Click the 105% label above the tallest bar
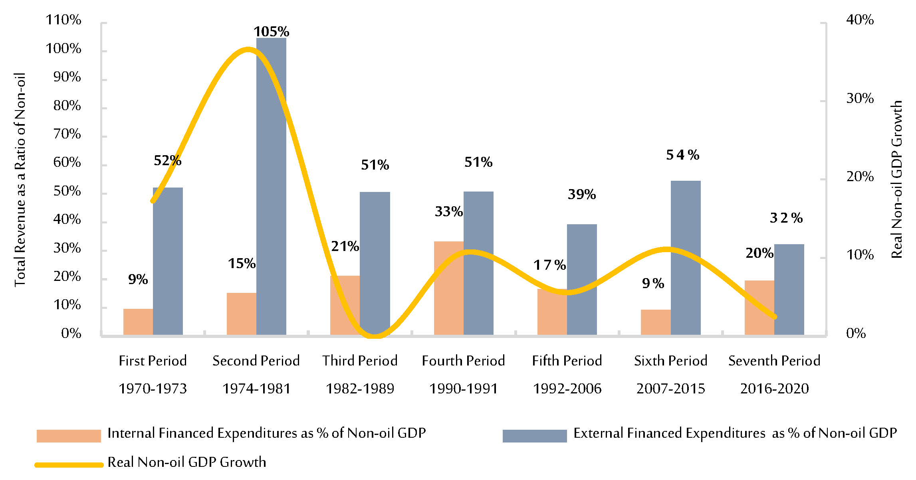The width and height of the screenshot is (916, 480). [x=271, y=32]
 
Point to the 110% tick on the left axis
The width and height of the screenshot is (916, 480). [x=63, y=20]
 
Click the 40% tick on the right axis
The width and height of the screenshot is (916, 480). [x=860, y=20]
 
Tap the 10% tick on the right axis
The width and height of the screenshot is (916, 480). [x=860, y=255]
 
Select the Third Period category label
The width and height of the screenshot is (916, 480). [x=360, y=361]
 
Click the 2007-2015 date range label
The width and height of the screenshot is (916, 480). [x=670, y=389]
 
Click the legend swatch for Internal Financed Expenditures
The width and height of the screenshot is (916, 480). [x=69, y=436]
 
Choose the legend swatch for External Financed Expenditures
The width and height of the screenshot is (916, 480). [x=534, y=436]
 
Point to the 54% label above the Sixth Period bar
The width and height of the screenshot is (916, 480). [x=682, y=155]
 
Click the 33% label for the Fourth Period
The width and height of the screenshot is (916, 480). [x=448, y=211]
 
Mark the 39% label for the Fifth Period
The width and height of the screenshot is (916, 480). [x=582, y=194]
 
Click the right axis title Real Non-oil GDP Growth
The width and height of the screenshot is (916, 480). [x=897, y=180]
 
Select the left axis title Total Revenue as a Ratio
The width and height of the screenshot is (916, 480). [x=20, y=180]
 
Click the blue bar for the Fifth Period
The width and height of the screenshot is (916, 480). [x=582, y=279]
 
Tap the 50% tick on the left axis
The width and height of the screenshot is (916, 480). [x=67, y=191]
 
